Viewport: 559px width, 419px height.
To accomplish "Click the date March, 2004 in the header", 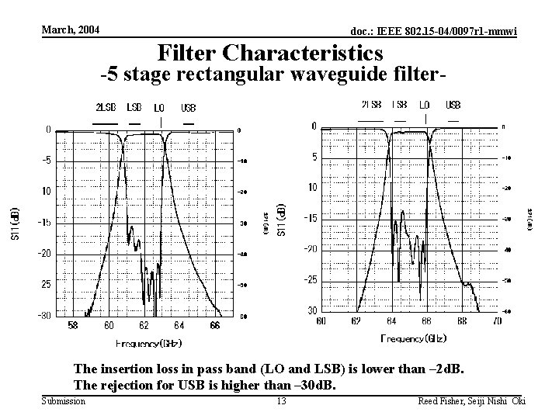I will point(71,29).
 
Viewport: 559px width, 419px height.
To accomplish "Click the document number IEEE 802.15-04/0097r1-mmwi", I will point(434,31).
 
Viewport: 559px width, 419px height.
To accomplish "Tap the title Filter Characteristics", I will point(270,53).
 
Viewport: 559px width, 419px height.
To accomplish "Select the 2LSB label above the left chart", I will point(106,107).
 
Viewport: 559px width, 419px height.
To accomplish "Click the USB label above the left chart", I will point(188,107).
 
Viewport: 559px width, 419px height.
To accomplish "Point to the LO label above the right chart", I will point(425,104).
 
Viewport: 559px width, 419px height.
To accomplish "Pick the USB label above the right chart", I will point(453,104).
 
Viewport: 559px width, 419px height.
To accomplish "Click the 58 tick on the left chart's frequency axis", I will point(72,325).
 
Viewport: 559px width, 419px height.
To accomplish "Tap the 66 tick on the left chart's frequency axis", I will point(214,325).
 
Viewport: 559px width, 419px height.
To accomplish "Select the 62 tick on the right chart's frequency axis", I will point(356,320).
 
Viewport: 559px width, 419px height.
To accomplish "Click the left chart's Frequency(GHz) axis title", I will point(148,342).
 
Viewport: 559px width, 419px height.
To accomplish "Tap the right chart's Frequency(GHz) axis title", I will point(414,338).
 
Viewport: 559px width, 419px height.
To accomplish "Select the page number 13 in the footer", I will point(281,400).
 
